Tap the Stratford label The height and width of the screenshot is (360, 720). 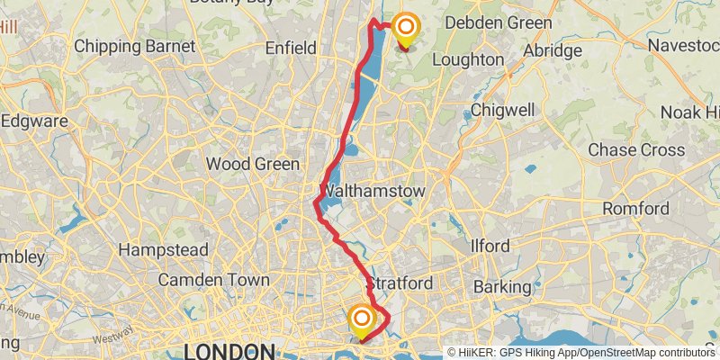(x=401, y=283)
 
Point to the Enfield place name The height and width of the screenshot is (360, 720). (x=291, y=48)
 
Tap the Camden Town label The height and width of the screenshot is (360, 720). (x=213, y=280)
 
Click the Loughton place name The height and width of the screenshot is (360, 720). (x=468, y=59)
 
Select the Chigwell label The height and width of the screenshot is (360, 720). (x=502, y=110)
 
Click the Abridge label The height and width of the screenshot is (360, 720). (x=553, y=50)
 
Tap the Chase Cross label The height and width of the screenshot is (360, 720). (x=636, y=150)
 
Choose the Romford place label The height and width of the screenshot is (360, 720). (x=635, y=208)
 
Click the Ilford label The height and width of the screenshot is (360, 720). (x=490, y=246)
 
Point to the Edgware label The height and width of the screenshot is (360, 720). (x=34, y=120)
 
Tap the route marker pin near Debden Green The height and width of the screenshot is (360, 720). (x=404, y=30)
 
